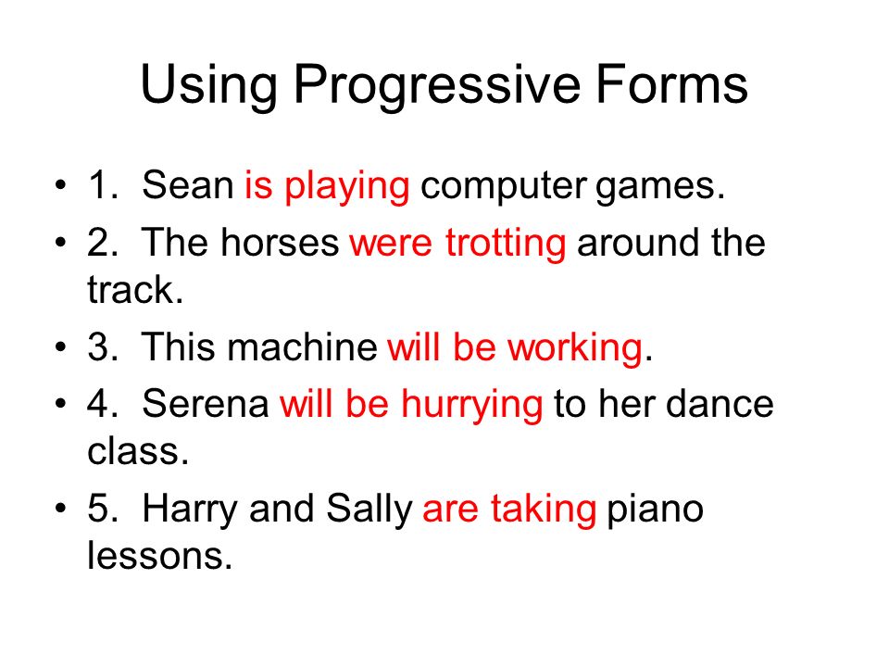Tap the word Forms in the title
[x=671, y=83]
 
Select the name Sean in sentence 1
[x=187, y=185]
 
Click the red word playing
[x=347, y=188]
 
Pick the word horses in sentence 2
[x=280, y=242]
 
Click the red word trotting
[x=506, y=245]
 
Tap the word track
[x=135, y=289]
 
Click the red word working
[x=575, y=348]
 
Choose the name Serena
[x=206, y=405]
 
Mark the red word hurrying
[x=471, y=406]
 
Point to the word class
[x=138, y=451]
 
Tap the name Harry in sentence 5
[x=189, y=510]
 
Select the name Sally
[x=369, y=510]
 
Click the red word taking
[x=544, y=510]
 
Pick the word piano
[x=655, y=510]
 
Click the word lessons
[x=159, y=555]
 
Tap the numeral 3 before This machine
[x=98, y=346]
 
